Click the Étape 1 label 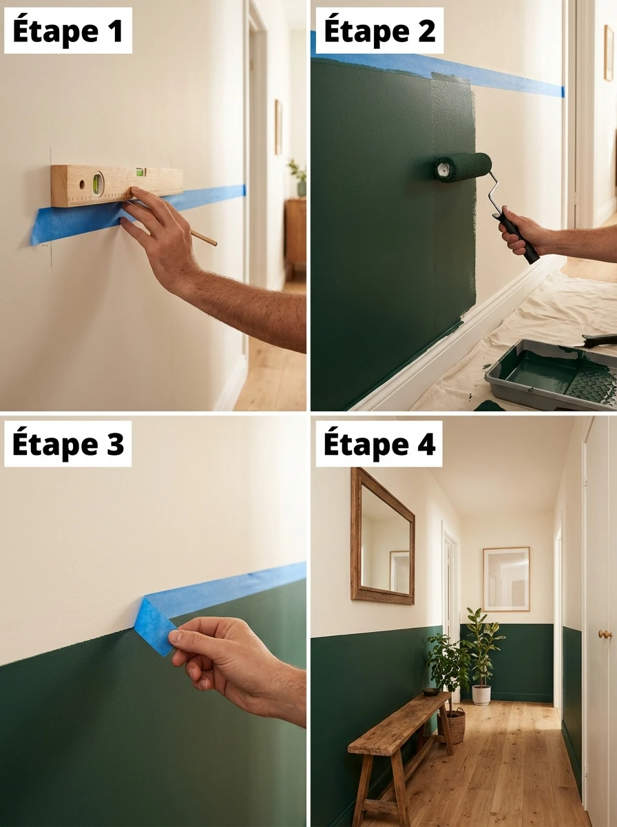[x=67, y=32]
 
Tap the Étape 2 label [x=379, y=32]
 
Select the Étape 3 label [x=67, y=445]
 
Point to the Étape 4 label [x=379, y=445]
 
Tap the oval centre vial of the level [x=97, y=184]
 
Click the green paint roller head [x=463, y=167]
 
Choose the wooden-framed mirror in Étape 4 [x=382, y=535]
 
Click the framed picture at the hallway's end [x=506, y=579]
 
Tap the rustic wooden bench [x=399, y=731]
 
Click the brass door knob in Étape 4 [x=605, y=634]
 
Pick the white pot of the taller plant [x=481, y=693]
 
